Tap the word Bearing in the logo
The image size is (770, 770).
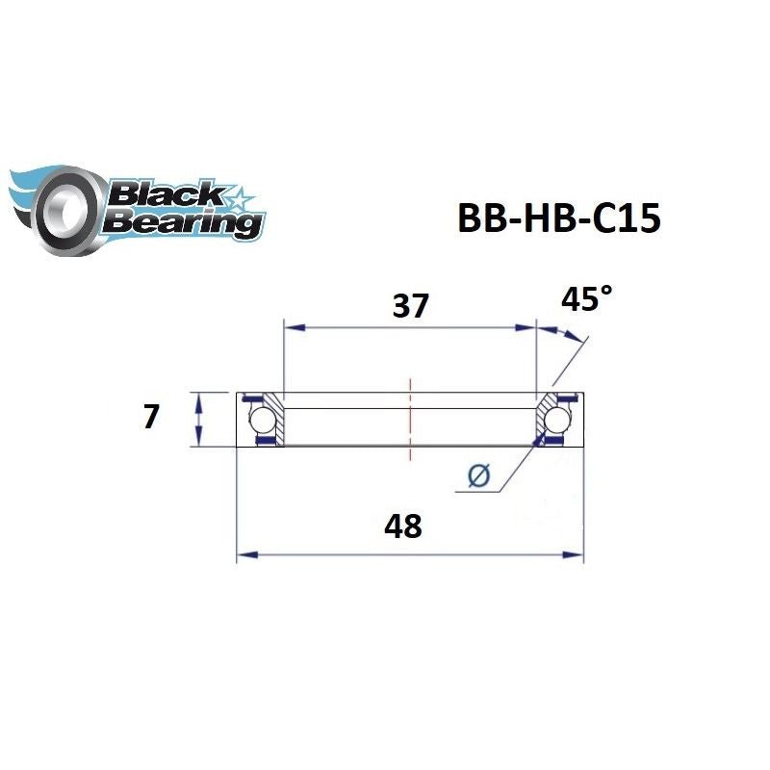point(183,223)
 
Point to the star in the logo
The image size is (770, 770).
point(237,198)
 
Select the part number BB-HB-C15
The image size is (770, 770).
point(557,219)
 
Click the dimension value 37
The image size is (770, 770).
point(408,305)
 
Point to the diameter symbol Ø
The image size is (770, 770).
point(478,475)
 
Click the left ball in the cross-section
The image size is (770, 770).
point(260,420)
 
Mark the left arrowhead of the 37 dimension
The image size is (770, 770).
point(290,328)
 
